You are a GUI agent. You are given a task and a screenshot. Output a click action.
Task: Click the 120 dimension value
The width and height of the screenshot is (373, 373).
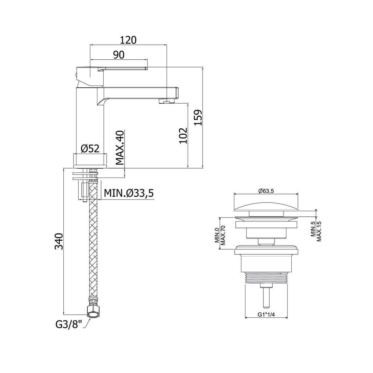click(x=128, y=40)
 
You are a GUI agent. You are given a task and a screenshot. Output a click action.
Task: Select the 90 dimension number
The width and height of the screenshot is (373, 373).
click(x=119, y=55)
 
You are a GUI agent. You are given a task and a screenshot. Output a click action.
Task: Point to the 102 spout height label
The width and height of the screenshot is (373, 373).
click(x=183, y=136)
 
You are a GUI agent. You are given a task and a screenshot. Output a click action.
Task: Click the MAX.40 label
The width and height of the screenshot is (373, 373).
click(x=120, y=148)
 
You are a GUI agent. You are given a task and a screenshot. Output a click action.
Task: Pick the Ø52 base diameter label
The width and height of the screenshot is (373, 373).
click(x=90, y=149)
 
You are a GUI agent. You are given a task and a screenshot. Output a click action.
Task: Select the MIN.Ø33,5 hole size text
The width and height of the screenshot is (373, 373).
click(x=129, y=193)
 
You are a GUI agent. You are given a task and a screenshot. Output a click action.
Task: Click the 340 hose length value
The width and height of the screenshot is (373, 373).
click(x=59, y=241)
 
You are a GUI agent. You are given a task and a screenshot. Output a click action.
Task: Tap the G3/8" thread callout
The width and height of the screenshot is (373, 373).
click(x=69, y=325)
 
